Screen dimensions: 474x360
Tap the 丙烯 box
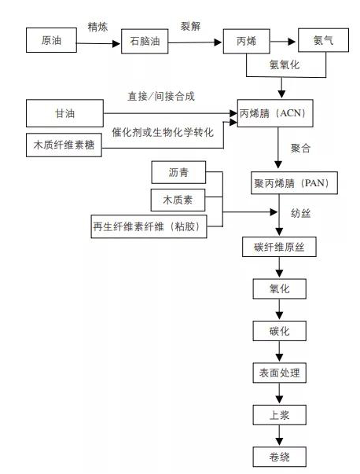pyautogui.click(x=245, y=41)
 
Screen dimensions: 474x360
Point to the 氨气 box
pyautogui.click(x=322, y=40)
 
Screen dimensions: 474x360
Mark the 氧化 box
pyautogui.click(x=279, y=288)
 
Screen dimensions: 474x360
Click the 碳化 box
pyautogui.click(x=279, y=331)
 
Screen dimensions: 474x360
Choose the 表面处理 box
pyautogui.click(x=279, y=373)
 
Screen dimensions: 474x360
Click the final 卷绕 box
pyautogui.click(x=279, y=456)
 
